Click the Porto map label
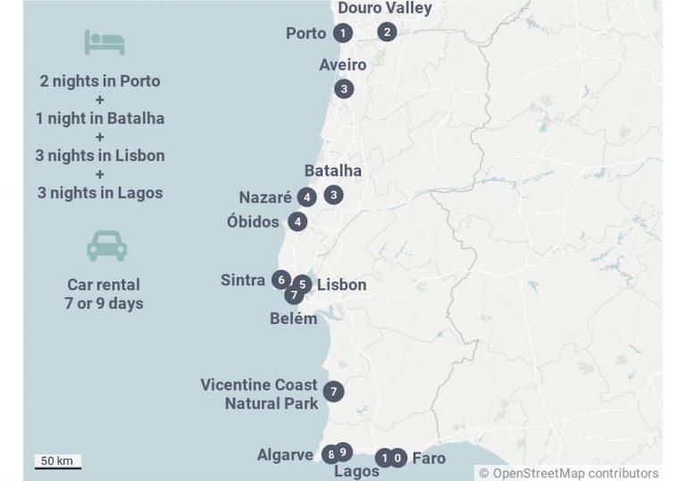click(x=305, y=33)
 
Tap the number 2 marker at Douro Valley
click(x=386, y=31)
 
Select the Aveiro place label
click(x=342, y=64)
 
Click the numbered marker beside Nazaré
click(x=307, y=197)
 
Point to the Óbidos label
click(x=253, y=222)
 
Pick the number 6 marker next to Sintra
click(x=281, y=280)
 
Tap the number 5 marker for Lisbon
click(x=303, y=284)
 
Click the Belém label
click(x=293, y=318)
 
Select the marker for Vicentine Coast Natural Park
click(x=333, y=391)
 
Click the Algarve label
click(x=285, y=455)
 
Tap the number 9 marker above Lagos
click(x=343, y=451)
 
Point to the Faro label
click(x=429, y=459)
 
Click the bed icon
click(x=105, y=41)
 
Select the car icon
click(x=106, y=246)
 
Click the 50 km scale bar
click(x=58, y=462)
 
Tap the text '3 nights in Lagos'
click(x=100, y=192)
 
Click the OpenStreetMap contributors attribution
click(x=568, y=473)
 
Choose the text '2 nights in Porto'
click(x=100, y=80)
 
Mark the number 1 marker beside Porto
click(x=342, y=33)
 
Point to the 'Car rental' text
click(x=104, y=284)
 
